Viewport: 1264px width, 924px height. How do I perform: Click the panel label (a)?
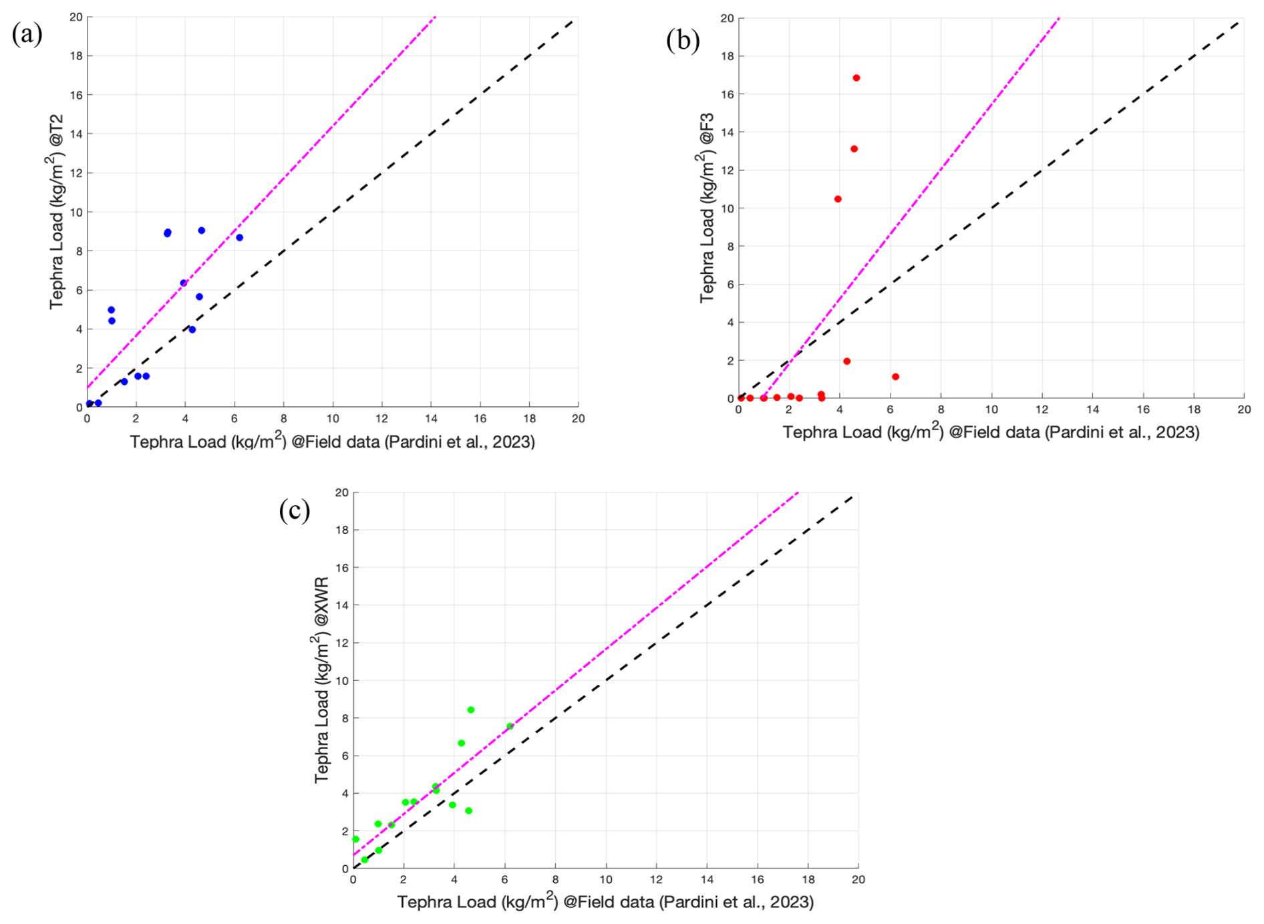(27, 33)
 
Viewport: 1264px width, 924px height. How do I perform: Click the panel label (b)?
(682, 41)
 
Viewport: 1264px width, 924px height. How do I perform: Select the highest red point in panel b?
(856, 78)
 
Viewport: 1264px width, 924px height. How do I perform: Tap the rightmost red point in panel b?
(895, 377)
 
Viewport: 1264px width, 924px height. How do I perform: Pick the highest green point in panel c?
(470, 710)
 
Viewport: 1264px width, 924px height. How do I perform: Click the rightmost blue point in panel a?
(239, 238)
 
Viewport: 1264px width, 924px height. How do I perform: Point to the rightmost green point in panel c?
(510, 726)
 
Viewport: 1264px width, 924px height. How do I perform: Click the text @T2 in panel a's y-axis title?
(56, 130)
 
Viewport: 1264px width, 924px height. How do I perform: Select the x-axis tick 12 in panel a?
(381, 419)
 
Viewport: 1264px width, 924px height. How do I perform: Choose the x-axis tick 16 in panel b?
(1143, 410)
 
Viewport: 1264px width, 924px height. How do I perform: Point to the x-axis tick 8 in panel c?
(555, 880)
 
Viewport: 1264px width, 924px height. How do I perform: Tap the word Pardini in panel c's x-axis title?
(686, 902)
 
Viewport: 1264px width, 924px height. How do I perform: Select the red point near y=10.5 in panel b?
(838, 199)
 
